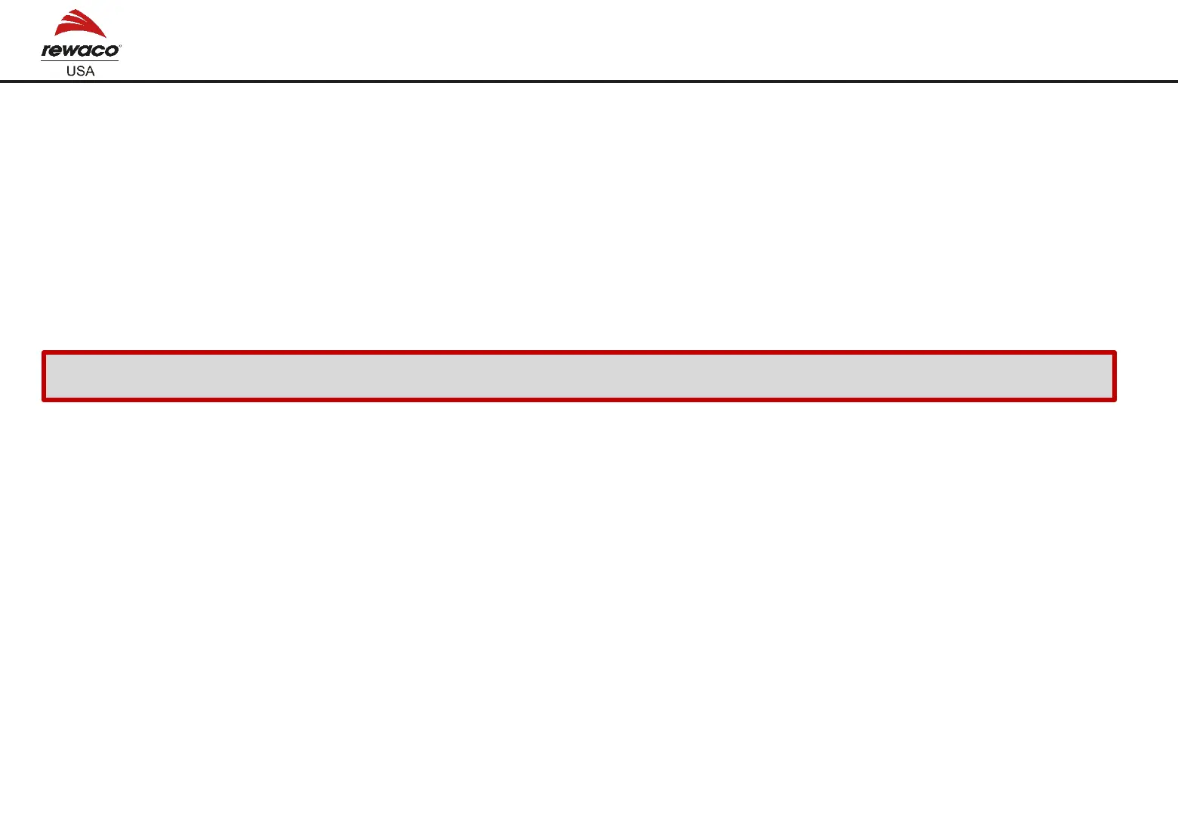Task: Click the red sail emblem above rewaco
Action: click(79, 24)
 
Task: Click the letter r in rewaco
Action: click(45, 51)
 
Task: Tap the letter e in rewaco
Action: click(55, 51)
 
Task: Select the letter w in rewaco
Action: click(69, 51)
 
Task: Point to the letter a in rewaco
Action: click(85, 51)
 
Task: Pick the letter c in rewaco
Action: click(98, 51)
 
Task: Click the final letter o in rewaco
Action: click(111, 51)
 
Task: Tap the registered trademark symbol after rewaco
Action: click(119, 46)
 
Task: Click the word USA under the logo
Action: click(81, 71)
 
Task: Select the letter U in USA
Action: click(72, 71)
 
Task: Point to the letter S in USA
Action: click(81, 71)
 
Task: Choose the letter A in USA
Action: click(90, 71)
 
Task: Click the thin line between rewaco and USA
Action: click(79, 60)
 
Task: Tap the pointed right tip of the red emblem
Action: click(106, 37)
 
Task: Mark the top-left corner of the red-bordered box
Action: click(44, 353)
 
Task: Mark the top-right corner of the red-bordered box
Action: click(1115, 353)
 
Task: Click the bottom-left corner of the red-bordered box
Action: click(44, 399)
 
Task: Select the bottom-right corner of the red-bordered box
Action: click(1115, 399)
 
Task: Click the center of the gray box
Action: click(579, 376)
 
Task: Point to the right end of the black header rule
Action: click(1176, 81)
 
